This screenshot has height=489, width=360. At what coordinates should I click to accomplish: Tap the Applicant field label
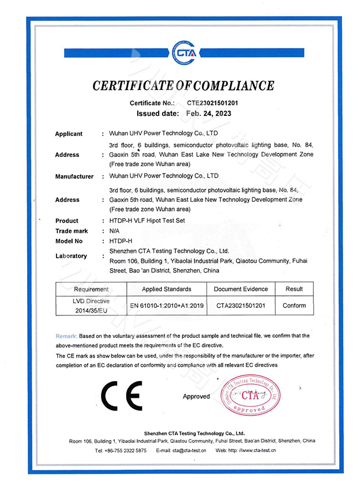tap(69, 134)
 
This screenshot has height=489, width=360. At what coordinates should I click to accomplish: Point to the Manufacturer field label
tap(74, 176)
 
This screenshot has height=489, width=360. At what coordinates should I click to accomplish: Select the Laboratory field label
tap(71, 255)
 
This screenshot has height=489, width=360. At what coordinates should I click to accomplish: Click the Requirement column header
tap(91, 289)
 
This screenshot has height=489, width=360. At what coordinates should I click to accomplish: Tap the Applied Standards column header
tap(166, 289)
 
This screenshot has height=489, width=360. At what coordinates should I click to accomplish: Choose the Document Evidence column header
tap(241, 289)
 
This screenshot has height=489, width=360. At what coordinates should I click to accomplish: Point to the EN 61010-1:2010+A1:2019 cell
tap(166, 306)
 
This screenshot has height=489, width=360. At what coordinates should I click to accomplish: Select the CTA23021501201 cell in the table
tap(241, 306)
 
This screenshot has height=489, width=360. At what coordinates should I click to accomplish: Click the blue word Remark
tap(66, 336)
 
